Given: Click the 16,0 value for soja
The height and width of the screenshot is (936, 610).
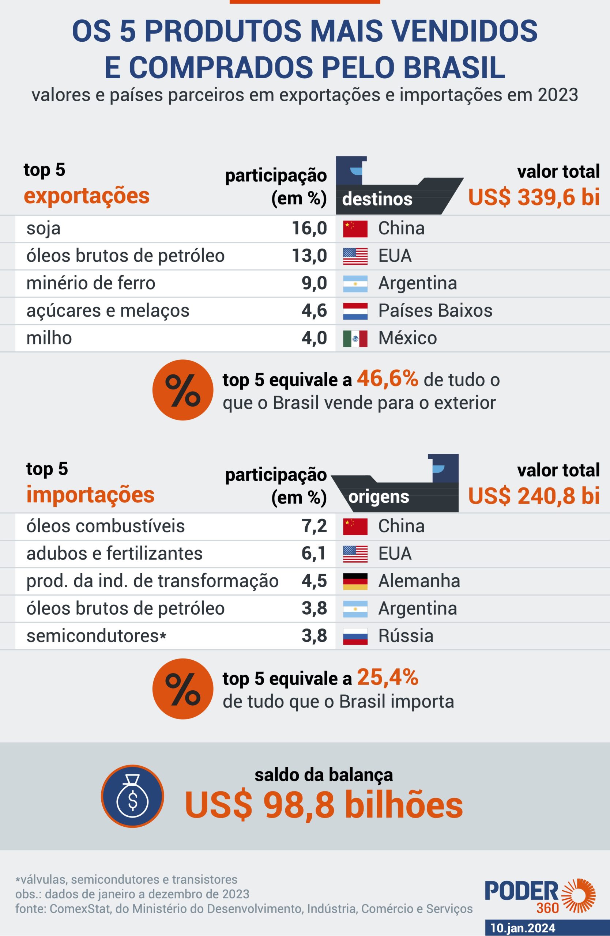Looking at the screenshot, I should (x=309, y=229).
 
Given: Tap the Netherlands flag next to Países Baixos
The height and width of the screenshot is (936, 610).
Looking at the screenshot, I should (x=355, y=311).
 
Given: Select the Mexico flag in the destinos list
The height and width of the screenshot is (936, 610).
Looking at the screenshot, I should (x=355, y=339).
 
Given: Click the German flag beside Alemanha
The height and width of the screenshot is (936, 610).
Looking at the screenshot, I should (x=355, y=581).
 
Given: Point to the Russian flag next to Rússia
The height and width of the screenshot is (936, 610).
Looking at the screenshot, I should (x=355, y=636).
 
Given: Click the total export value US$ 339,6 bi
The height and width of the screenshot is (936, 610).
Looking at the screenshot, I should (x=534, y=197).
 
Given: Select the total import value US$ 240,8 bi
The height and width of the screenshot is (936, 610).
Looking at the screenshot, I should (x=534, y=496).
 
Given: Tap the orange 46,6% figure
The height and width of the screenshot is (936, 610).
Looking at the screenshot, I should (x=387, y=379).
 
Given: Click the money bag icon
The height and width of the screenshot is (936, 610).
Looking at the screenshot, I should (x=132, y=796).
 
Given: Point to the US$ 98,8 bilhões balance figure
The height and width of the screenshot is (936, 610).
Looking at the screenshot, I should (x=324, y=805).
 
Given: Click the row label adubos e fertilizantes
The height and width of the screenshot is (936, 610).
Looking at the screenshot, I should (x=114, y=554).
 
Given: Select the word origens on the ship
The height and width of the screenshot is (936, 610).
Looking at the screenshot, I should (x=379, y=497).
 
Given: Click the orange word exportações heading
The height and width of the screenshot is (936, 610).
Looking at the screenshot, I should (x=87, y=196).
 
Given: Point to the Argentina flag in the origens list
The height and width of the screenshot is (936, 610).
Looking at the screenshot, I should (x=355, y=609).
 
